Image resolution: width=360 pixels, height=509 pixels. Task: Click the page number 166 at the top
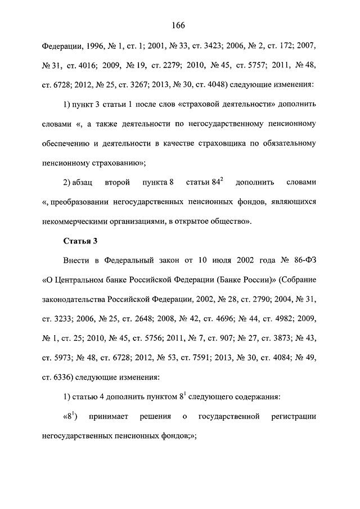179,25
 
